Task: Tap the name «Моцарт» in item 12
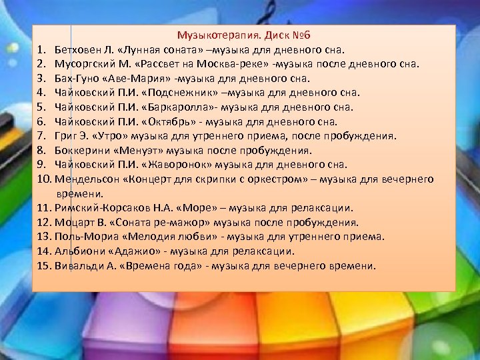click(x=75, y=223)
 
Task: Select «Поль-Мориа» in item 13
click(x=84, y=237)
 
